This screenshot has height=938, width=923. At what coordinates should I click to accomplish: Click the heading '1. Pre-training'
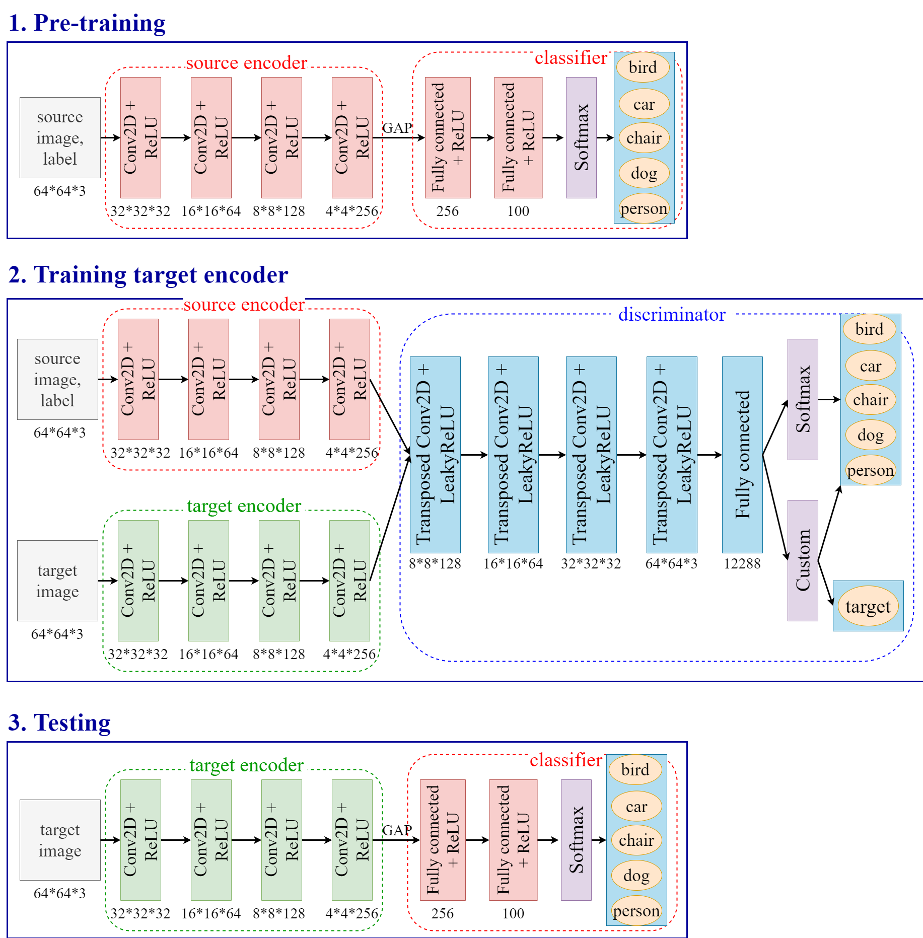pos(87,23)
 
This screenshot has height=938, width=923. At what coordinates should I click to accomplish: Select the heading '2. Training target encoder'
pos(148,275)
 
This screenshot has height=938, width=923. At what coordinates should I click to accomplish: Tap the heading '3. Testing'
pos(59,723)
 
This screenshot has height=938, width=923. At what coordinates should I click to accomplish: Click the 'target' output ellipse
pos(868,606)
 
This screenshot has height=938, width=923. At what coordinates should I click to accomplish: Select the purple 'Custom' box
pos(802,560)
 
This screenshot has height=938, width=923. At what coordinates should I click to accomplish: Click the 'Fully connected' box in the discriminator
pos(742,454)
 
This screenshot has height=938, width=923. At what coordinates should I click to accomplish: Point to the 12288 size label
pos(742,563)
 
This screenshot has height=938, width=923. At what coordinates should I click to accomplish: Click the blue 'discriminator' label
pos(672,314)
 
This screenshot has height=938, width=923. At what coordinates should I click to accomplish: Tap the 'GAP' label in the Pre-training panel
pos(397,128)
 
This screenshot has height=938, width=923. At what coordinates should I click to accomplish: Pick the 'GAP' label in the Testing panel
pos(397,830)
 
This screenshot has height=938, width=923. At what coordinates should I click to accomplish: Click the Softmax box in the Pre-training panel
pos(581,137)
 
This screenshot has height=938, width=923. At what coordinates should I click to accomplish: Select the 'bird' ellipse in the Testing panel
pos(635,770)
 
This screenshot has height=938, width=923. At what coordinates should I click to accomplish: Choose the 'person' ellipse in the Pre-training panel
pos(644,208)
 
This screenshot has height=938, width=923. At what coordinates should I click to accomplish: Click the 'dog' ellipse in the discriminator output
pos(870,435)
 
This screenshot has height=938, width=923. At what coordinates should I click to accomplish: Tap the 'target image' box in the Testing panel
pos(60,840)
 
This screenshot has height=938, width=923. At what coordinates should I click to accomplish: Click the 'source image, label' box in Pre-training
pos(60,137)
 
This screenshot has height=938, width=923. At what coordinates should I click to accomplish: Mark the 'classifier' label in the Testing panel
pos(565,760)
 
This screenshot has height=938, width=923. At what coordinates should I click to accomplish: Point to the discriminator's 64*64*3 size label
pos(671,563)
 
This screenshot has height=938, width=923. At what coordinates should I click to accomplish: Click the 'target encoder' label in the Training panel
pos(244,506)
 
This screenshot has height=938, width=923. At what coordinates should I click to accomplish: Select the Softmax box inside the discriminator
pos(802,399)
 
